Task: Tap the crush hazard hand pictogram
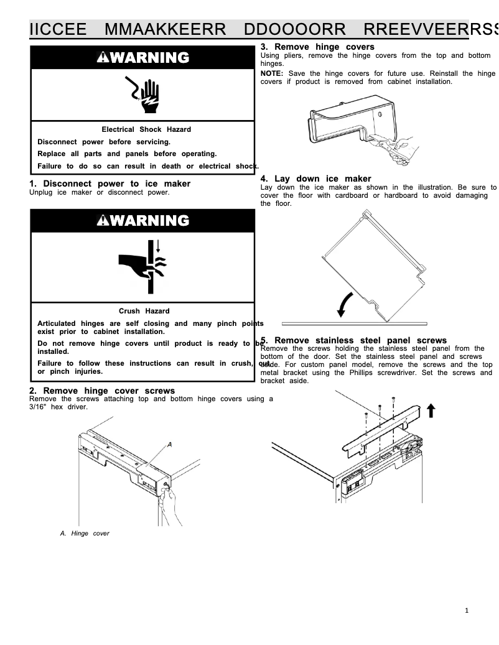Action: pyautogui.click(x=142, y=266)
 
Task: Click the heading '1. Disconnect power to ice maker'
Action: pyautogui.click(x=110, y=183)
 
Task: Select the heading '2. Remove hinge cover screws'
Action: pyautogui.click(x=102, y=391)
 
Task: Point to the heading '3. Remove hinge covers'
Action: pyautogui.click(x=317, y=47)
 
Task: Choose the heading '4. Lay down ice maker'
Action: pyautogui.click(x=315, y=179)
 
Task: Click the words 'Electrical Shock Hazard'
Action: pyautogui.click(x=146, y=129)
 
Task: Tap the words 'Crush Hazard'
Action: pyautogui.click(x=144, y=311)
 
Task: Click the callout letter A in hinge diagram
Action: pyautogui.click(x=169, y=444)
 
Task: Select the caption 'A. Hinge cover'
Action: pyautogui.click(x=85, y=533)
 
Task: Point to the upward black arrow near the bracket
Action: pyautogui.click(x=431, y=411)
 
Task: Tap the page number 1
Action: pyautogui.click(x=467, y=610)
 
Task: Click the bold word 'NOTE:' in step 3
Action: pyautogui.click(x=272, y=73)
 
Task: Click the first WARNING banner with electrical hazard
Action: pyautogui.click(x=142, y=58)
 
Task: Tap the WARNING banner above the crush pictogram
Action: pyautogui.click(x=142, y=221)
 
